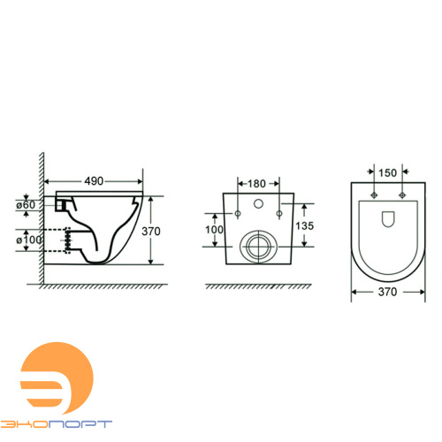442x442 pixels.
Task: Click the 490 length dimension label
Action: [94, 181]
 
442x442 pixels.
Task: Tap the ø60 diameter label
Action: [26, 204]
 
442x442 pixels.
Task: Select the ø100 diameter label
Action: [28, 240]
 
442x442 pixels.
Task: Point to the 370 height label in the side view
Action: [151, 232]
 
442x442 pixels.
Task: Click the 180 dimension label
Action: [256, 184]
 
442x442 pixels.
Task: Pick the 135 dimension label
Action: [305, 226]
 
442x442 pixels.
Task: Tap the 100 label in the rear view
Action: [214, 230]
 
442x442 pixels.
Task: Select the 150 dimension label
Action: [387, 173]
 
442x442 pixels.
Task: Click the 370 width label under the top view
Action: [388, 292]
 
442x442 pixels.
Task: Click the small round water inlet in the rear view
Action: [258, 203]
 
